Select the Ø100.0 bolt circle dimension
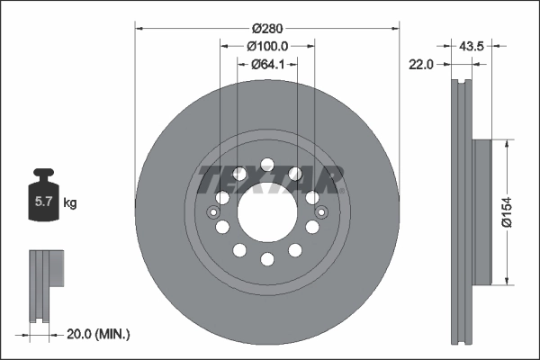267,45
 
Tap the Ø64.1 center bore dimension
267,64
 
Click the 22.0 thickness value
421,64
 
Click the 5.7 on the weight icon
42,202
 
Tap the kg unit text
69,203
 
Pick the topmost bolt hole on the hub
267,165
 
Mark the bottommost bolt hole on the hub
267,259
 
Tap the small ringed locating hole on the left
212,212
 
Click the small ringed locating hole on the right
322,212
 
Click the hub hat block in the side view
481,212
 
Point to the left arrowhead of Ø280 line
138,27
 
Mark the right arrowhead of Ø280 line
397,27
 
